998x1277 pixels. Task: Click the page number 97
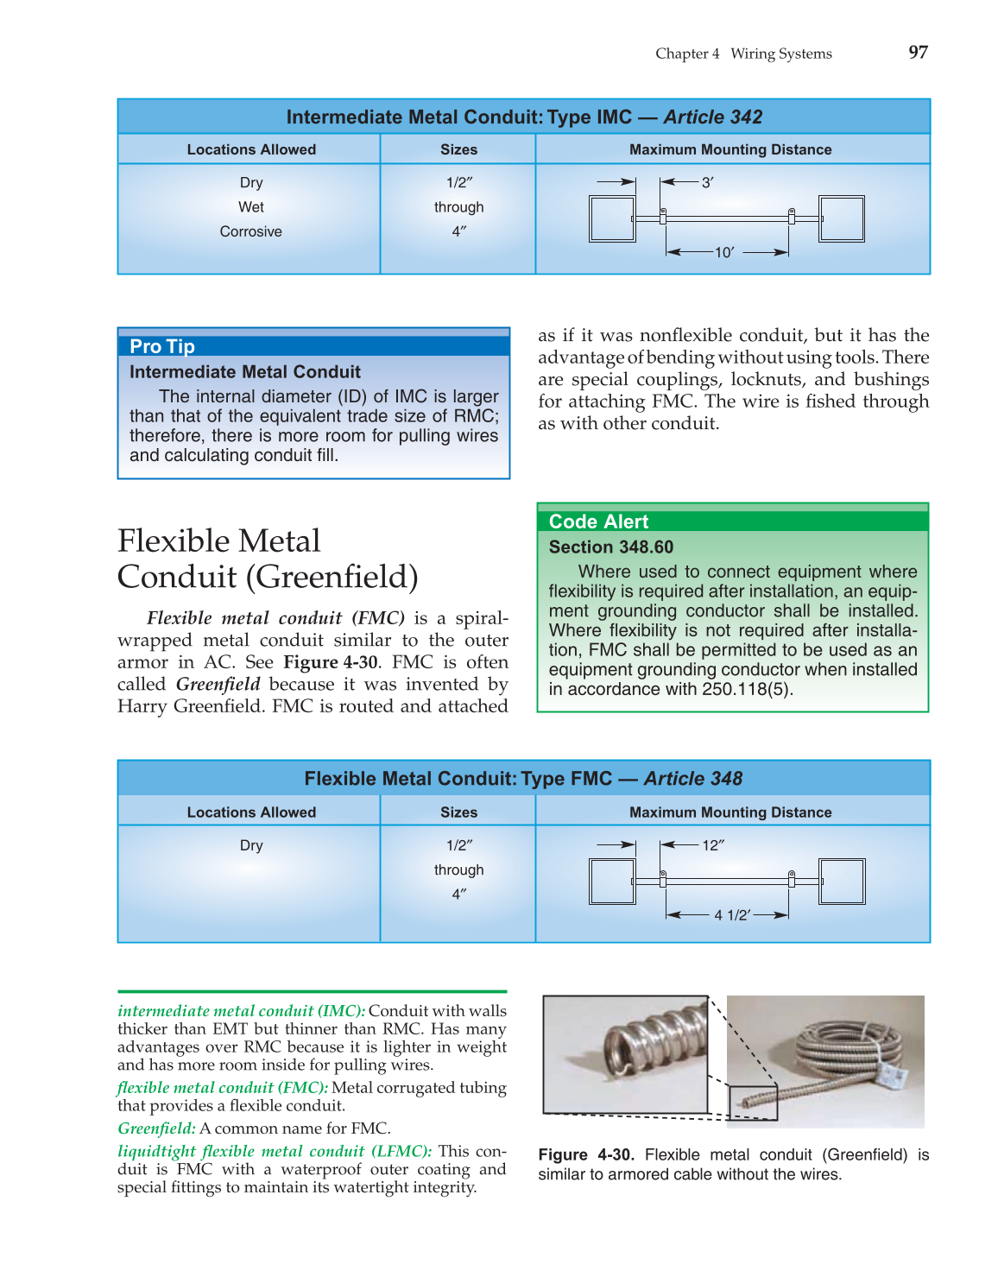click(918, 53)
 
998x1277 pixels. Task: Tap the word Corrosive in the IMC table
click(250, 231)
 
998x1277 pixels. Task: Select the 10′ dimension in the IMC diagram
click(723, 252)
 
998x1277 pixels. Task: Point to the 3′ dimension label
click(707, 183)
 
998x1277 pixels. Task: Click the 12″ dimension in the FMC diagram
click(712, 845)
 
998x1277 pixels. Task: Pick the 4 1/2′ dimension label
click(732, 915)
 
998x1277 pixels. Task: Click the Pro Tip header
click(162, 346)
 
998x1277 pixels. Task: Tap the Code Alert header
click(598, 522)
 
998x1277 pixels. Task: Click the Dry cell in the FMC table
click(251, 845)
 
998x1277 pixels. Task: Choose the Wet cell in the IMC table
click(251, 207)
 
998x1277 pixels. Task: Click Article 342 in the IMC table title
click(712, 117)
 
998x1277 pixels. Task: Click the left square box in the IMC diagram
click(612, 219)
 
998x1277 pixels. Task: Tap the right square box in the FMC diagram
click(842, 882)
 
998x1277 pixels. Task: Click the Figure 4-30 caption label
click(585, 1155)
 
